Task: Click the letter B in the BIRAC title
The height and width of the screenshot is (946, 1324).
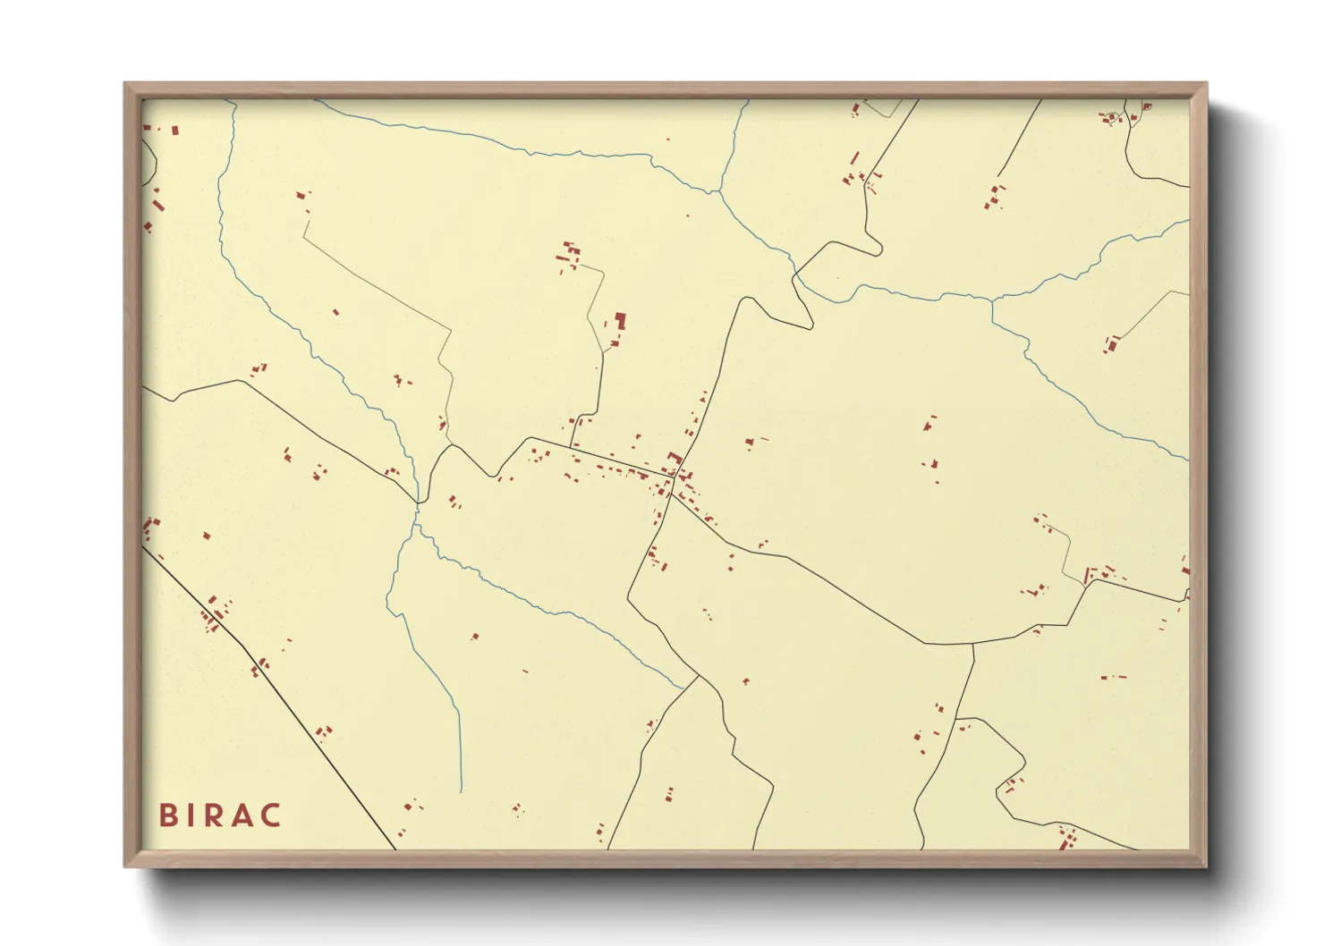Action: [x=167, y=815]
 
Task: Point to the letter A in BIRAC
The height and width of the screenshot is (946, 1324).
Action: [x=242, y=815]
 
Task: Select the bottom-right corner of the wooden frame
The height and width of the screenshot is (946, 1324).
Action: [x=1205, y=865]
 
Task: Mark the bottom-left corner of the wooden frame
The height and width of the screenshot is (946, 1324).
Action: [x=126, y=865]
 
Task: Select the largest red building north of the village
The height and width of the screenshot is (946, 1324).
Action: [x=620, y=321]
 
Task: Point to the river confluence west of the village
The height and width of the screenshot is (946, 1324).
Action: [x=418, y=506]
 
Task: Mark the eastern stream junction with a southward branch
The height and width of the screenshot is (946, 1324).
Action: [x=991, y=301]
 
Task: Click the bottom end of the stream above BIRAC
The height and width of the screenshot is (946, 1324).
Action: [x=461, y=791]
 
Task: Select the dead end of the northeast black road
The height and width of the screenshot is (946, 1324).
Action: [x=998, y=176]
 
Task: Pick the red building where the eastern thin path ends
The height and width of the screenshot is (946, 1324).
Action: [x=1112, y=344]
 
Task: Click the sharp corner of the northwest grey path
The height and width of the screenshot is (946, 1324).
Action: [x=304, y=238]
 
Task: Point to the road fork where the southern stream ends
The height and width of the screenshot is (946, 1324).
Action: [x=698, y=677]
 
